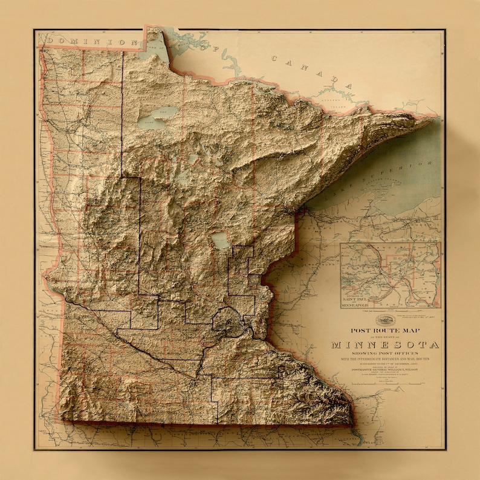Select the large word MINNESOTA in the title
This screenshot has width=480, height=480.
pos(385,345)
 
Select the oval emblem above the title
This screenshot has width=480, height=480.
pos(384,320)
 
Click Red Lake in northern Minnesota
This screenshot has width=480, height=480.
pos(158,117)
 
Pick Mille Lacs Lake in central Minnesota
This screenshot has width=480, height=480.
pos(220,241)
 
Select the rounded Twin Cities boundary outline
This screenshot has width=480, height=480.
pos(230,320)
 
